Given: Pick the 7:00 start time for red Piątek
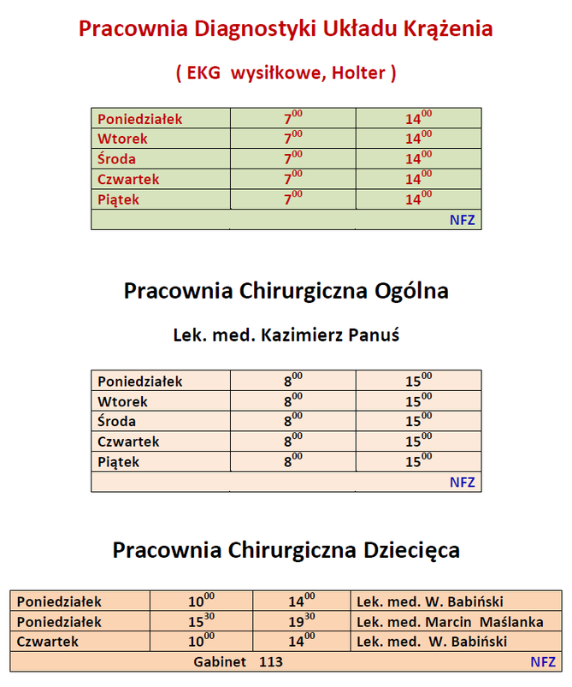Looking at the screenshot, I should pos(293,199).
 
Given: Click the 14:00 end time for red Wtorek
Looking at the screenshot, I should pos(418,139).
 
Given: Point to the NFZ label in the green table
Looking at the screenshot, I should pos(462,220).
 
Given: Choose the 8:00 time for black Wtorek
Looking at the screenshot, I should pos(293,401).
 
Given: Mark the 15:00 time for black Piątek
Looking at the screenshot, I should pos(418,462).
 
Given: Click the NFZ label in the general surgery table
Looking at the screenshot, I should pos(462,483).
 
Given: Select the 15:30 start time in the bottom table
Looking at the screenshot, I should pos(201,622).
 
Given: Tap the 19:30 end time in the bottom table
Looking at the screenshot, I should pos(301,622).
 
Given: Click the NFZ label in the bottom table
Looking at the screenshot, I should pos(542,661).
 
